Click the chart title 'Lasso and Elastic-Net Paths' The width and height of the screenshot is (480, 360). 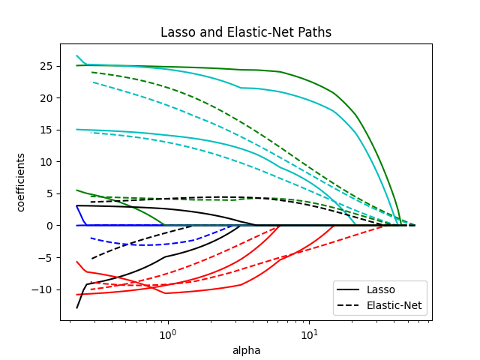pos(246,33)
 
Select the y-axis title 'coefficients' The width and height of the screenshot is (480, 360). pos(21,182)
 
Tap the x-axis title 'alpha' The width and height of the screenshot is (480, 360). pos(246,350)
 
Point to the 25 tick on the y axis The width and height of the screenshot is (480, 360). pos(46,66)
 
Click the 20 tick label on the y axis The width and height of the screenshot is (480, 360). pos(46,98)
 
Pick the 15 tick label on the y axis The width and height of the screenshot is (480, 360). pos(46,130)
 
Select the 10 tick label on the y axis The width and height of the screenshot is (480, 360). pos(46,162)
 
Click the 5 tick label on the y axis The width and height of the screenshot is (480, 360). pos(49,193)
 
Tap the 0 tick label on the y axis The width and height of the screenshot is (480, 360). pos(49,226)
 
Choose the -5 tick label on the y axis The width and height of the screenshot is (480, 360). pos(46,257)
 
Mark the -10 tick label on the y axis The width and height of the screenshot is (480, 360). pos(43,289)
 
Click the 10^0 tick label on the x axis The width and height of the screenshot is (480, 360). pos(167,332)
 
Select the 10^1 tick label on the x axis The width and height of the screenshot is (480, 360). pos(308,332)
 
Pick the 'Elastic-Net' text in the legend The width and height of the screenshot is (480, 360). pos(394,306)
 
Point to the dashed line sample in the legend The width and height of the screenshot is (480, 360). pos(349,306)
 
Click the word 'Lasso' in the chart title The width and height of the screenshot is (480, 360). pos(177,33)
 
